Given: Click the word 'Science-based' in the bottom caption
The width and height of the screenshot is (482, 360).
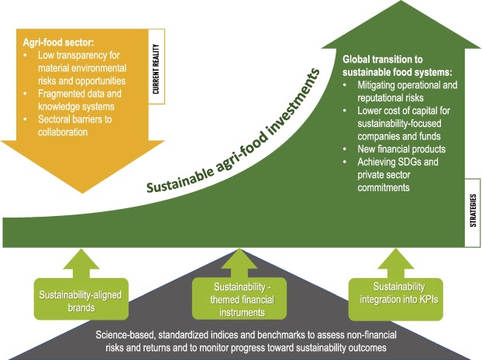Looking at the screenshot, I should [x=126, y=335].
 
